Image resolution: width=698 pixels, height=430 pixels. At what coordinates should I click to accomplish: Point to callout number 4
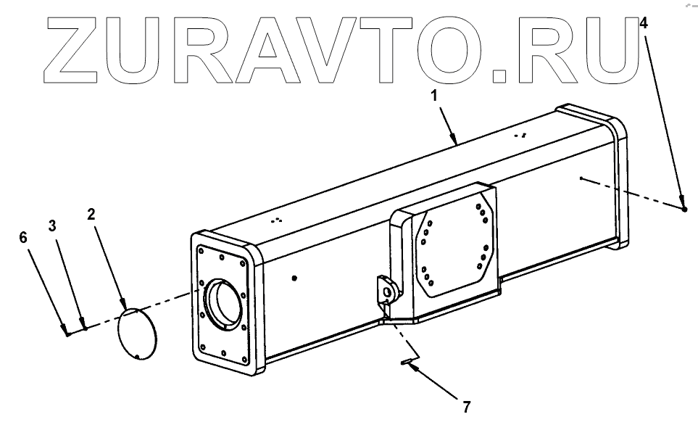pyautogui.click(x=644, y=22)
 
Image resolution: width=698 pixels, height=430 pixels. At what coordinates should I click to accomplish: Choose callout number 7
pyautogui.click(x=466, y=407)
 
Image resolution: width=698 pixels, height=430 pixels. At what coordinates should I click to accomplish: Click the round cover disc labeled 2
pyautogui.click(x=138, y=333)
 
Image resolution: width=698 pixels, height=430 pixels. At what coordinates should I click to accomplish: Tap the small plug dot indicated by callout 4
pyautogui.click(x=684, y=210)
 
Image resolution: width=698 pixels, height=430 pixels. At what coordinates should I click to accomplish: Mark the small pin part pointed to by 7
pyautogui.click(x=407, y=361)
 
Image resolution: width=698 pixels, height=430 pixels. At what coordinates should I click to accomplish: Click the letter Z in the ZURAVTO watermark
pyautogui.click(x=75, y=48)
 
